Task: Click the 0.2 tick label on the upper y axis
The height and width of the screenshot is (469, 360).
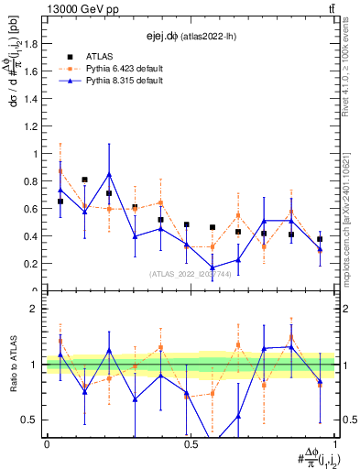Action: (x=32, y=263)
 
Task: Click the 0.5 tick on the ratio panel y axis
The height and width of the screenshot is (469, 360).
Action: (x=32, y=420)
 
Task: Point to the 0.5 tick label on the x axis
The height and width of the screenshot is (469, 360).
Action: (x=191, y=444)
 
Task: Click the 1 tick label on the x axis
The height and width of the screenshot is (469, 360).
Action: (x=334, y=444)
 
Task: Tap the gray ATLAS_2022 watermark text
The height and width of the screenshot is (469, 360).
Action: (x=191, y=273)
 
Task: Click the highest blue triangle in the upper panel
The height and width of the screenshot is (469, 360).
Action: (x=109, y=174)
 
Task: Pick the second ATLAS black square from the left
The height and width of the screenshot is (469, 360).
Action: (x=84, y=180)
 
